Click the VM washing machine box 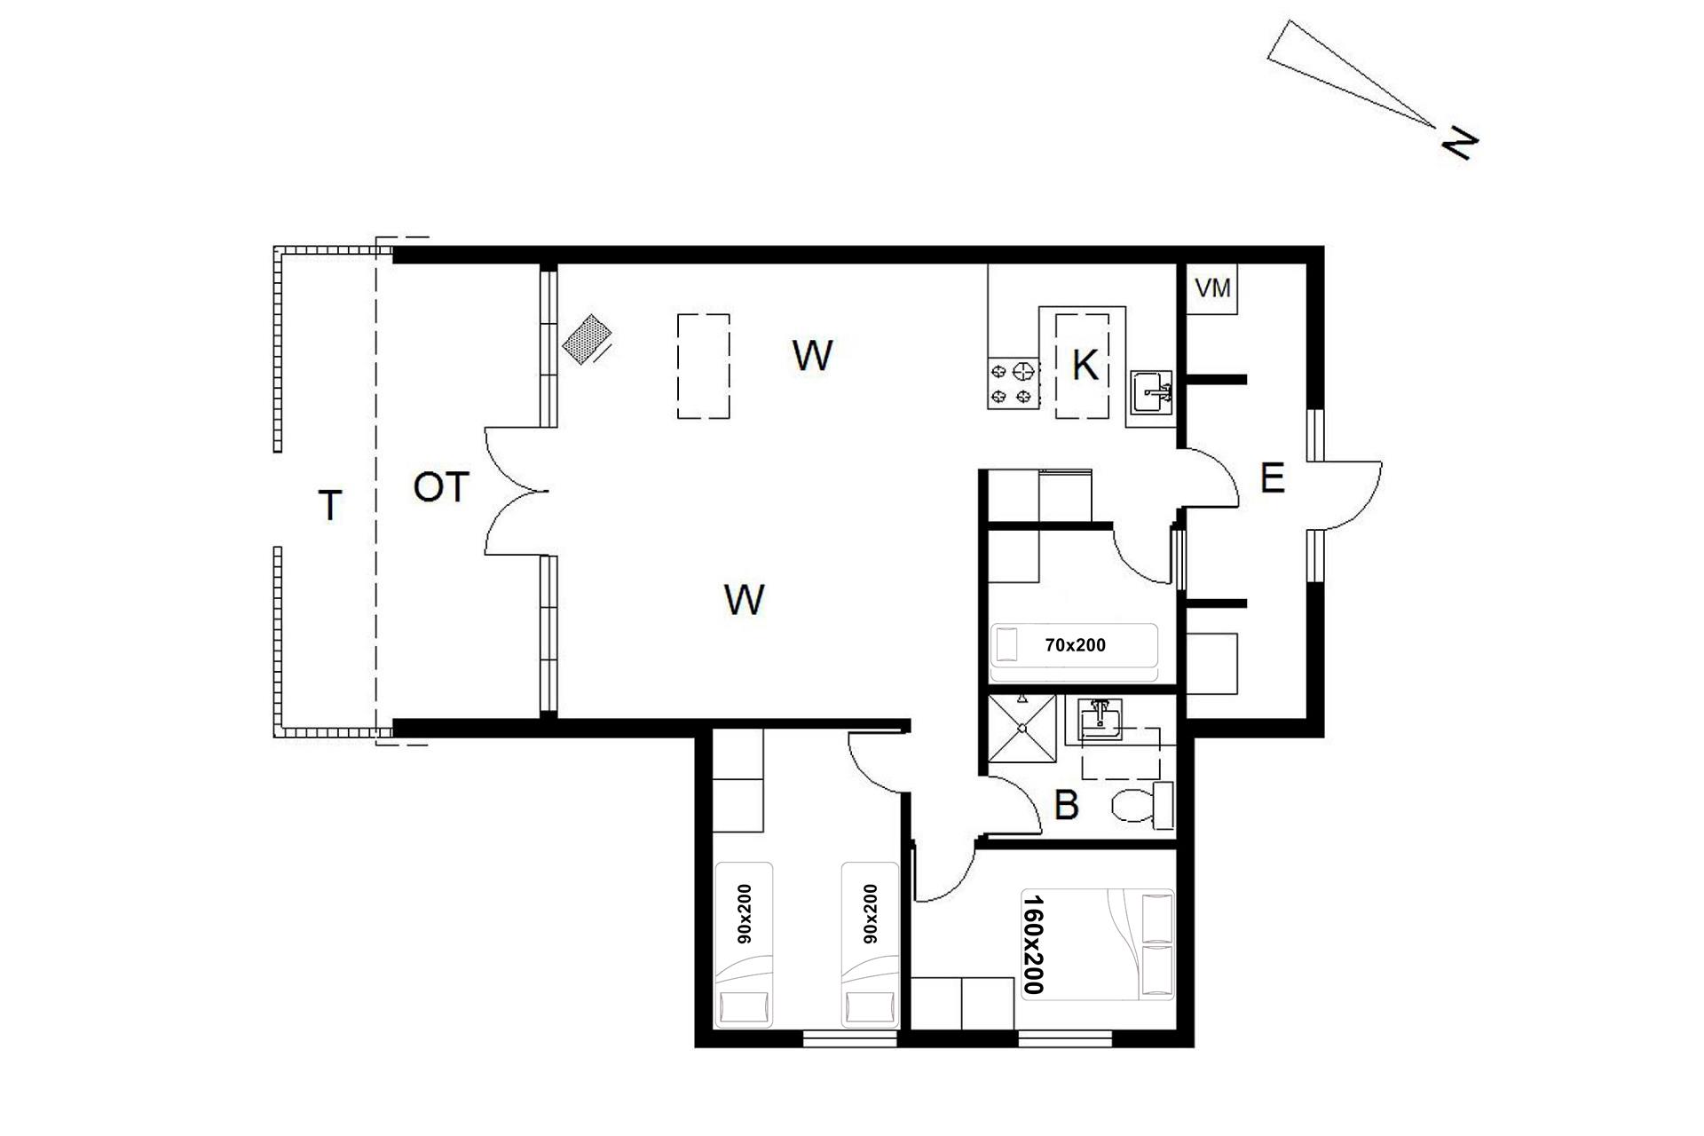coord(1213,288)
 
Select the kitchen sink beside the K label coord(1152,392)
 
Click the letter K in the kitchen coord(1085,365)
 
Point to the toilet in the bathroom coord(1142,805)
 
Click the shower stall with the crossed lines coord(1022,729)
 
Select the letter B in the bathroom coord(1066,806)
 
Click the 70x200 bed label coord(1076,645)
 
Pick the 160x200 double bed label coord(1033,944)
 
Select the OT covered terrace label coord(441,488)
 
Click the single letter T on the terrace coord(330,506)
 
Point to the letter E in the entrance coord(1272,479)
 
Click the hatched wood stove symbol coord(587,339)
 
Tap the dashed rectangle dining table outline coord(704,366)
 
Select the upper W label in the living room coord(812,356)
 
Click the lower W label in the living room coord(744,601)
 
